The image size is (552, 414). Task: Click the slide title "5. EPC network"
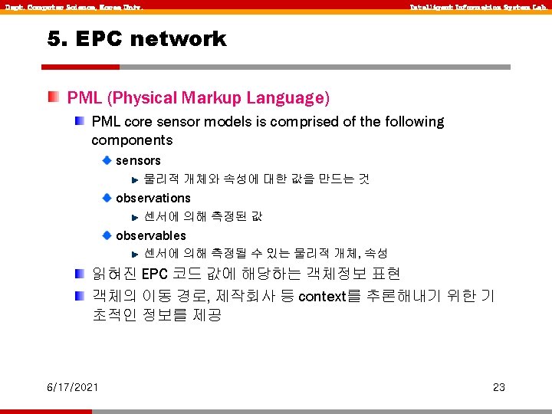tap(137, 39)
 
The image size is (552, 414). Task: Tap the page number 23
tap(499, 387)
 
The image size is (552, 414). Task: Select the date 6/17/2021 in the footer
tap(71, 387)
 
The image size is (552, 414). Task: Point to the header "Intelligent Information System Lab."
tap(477, 7)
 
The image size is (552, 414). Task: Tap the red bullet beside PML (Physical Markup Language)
tap(52, 97)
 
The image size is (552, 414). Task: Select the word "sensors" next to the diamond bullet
tap(138, 160)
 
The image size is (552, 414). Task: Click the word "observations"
tap(153, 198)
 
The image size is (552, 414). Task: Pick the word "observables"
tap(151, 235)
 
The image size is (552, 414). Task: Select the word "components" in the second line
tap(132, 140)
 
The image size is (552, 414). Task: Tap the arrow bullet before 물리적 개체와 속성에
tap(134, 179)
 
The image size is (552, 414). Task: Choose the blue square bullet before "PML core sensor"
tap(80, 121)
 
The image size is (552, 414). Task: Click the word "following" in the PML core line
tap(412, 122)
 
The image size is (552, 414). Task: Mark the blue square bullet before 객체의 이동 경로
tap(80, 295)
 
